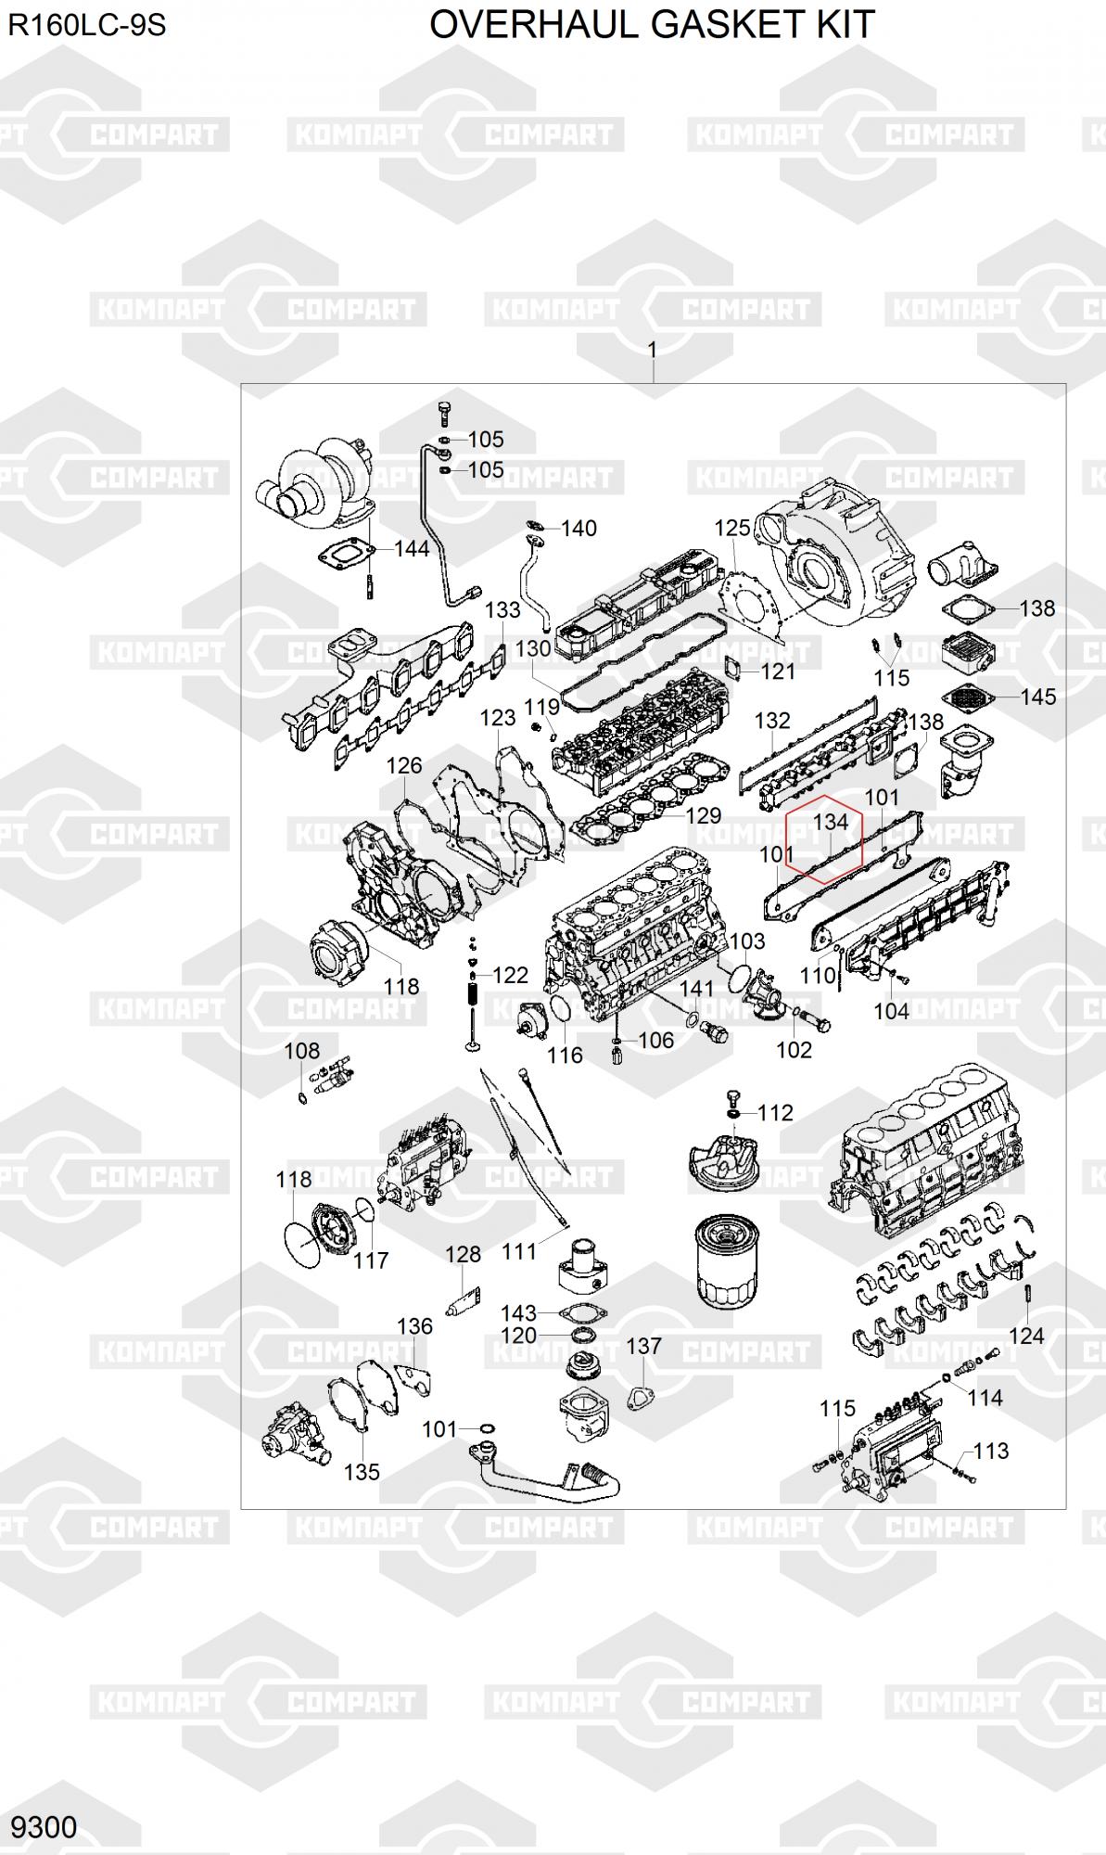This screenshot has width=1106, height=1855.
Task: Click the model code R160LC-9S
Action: tap(87, 26)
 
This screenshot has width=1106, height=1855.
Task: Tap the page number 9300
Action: tap(44, 1826)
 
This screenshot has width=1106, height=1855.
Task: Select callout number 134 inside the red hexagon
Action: tap(831, 822)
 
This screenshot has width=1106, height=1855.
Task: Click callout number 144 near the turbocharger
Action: tap(412, 548)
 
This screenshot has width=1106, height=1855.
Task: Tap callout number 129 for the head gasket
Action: tap(704, 815)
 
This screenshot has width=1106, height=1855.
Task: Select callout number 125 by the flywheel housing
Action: tap(732, 528)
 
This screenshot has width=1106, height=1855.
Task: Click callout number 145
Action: tap(1038, 697)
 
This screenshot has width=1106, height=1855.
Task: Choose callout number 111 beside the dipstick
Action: tap(519, 1251)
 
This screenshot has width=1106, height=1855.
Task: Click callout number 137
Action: tap(644, 1346)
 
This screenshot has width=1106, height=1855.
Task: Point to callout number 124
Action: tap(1026, 1336)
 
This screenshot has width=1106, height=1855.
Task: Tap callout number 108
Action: tap(301, 1051)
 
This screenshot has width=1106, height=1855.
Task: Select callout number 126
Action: tap(404, 766)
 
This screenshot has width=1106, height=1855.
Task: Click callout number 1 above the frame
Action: tap(653, 350)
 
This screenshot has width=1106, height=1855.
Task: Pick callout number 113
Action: tap(991, 1451)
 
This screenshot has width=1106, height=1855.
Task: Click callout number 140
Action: tap(579, 529)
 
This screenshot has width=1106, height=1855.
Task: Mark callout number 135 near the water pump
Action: tap(362, 1472)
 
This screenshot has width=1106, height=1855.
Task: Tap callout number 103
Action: tap(747, 941)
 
